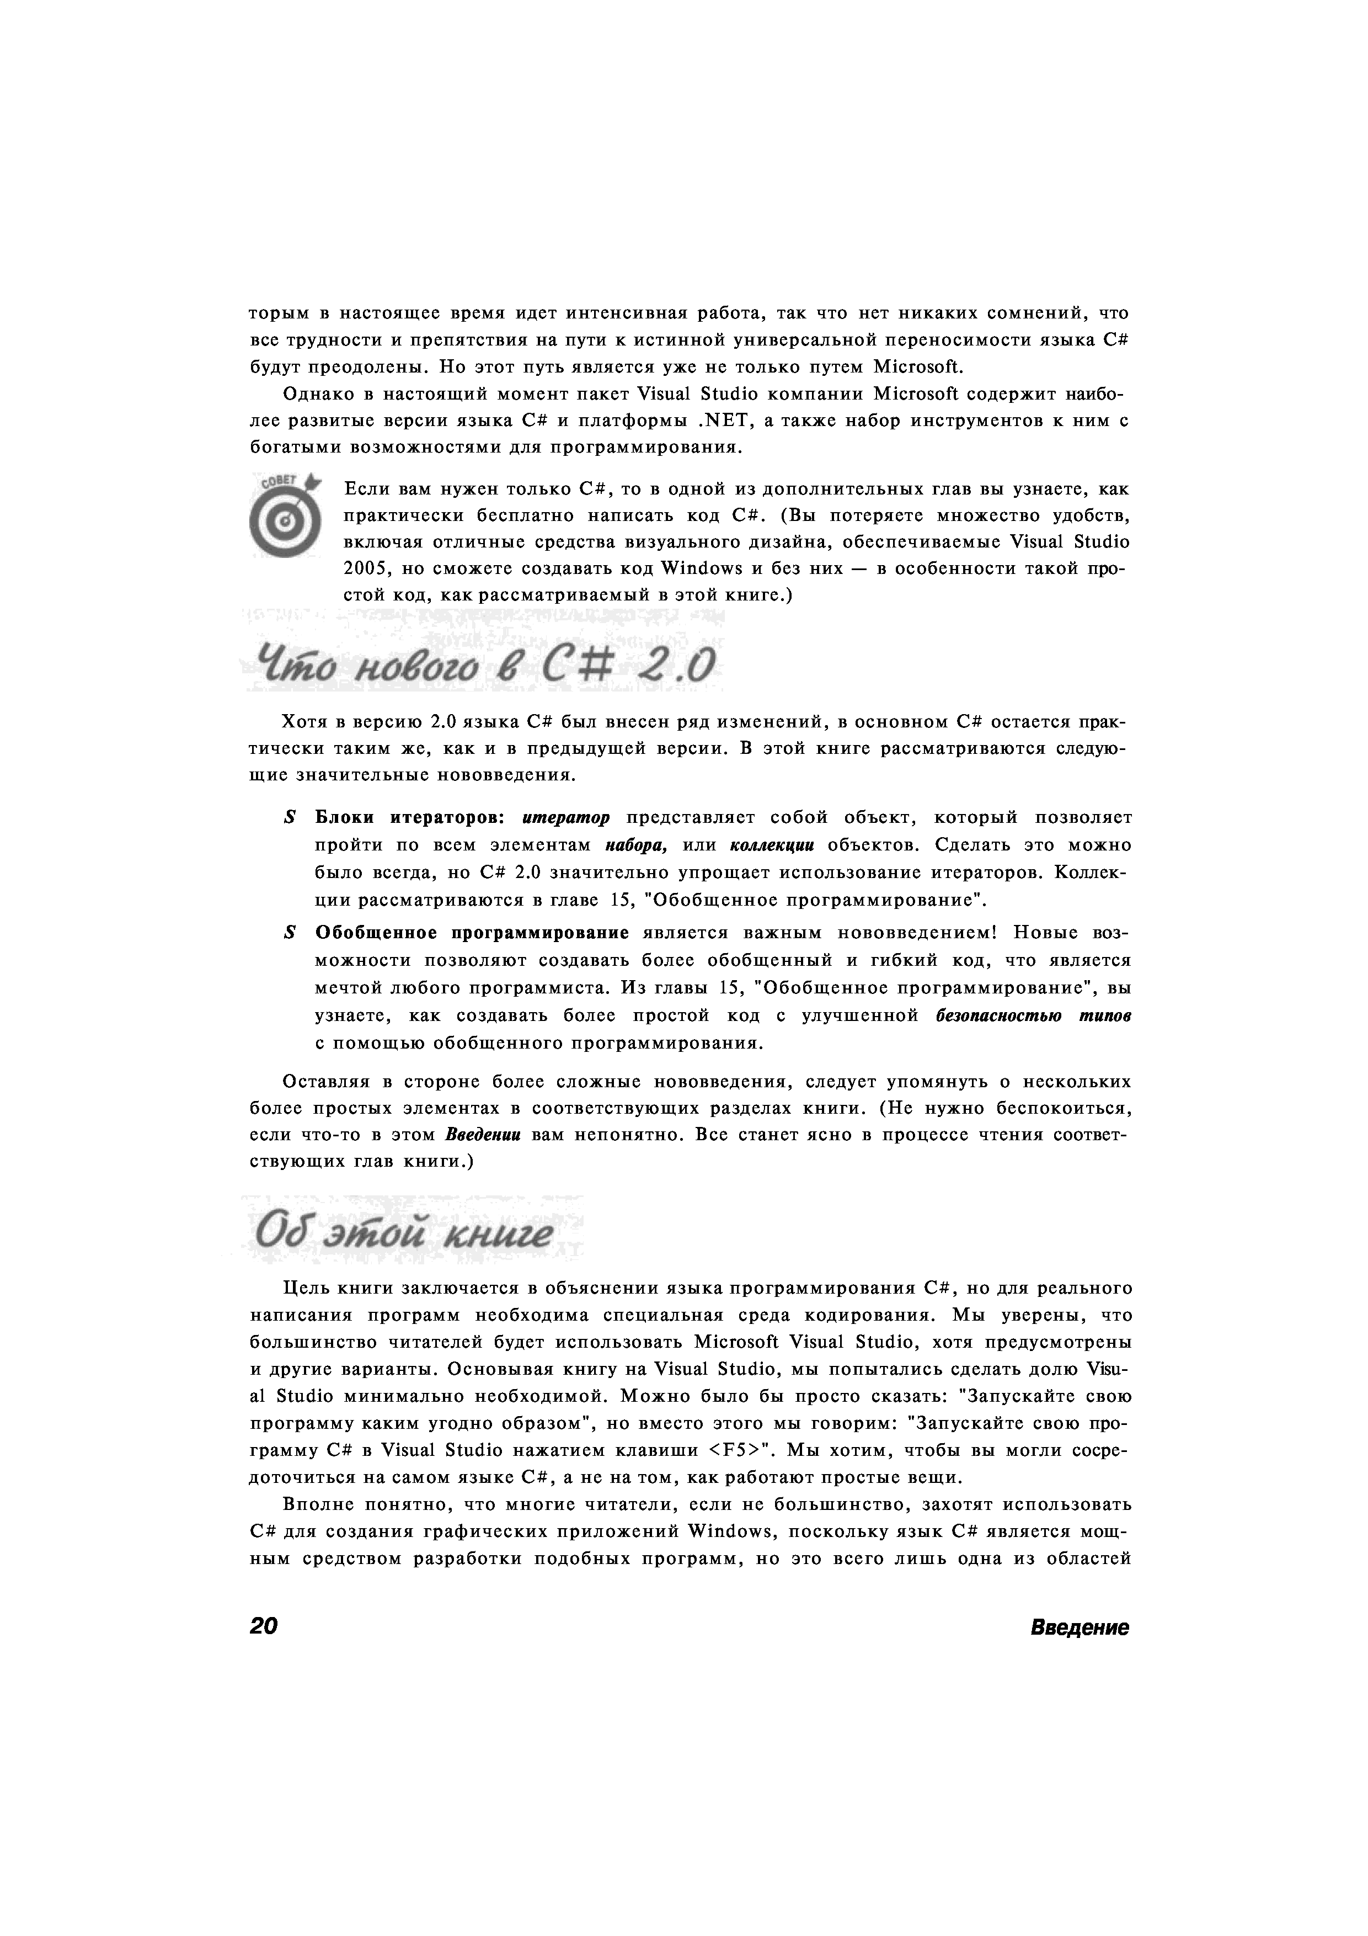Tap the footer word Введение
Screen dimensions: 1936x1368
pos(1079,1628)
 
